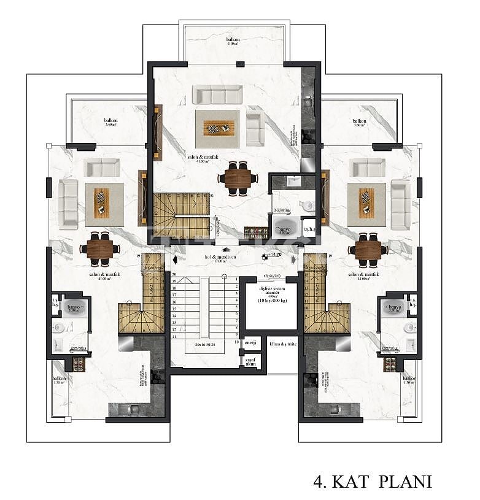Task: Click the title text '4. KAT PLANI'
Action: pyautogui.click(x=373, y=481)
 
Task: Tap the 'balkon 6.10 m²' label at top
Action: pyautogui.click(x=233, y=42)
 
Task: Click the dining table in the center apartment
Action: pyautogui.click(x=237, y=178)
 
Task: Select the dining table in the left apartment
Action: pyautogui.click(x=99, y=248)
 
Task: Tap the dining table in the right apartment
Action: pyautogui.click(x=368, y=249)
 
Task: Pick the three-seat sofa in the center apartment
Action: pyautogui.click(x=217, y=94)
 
